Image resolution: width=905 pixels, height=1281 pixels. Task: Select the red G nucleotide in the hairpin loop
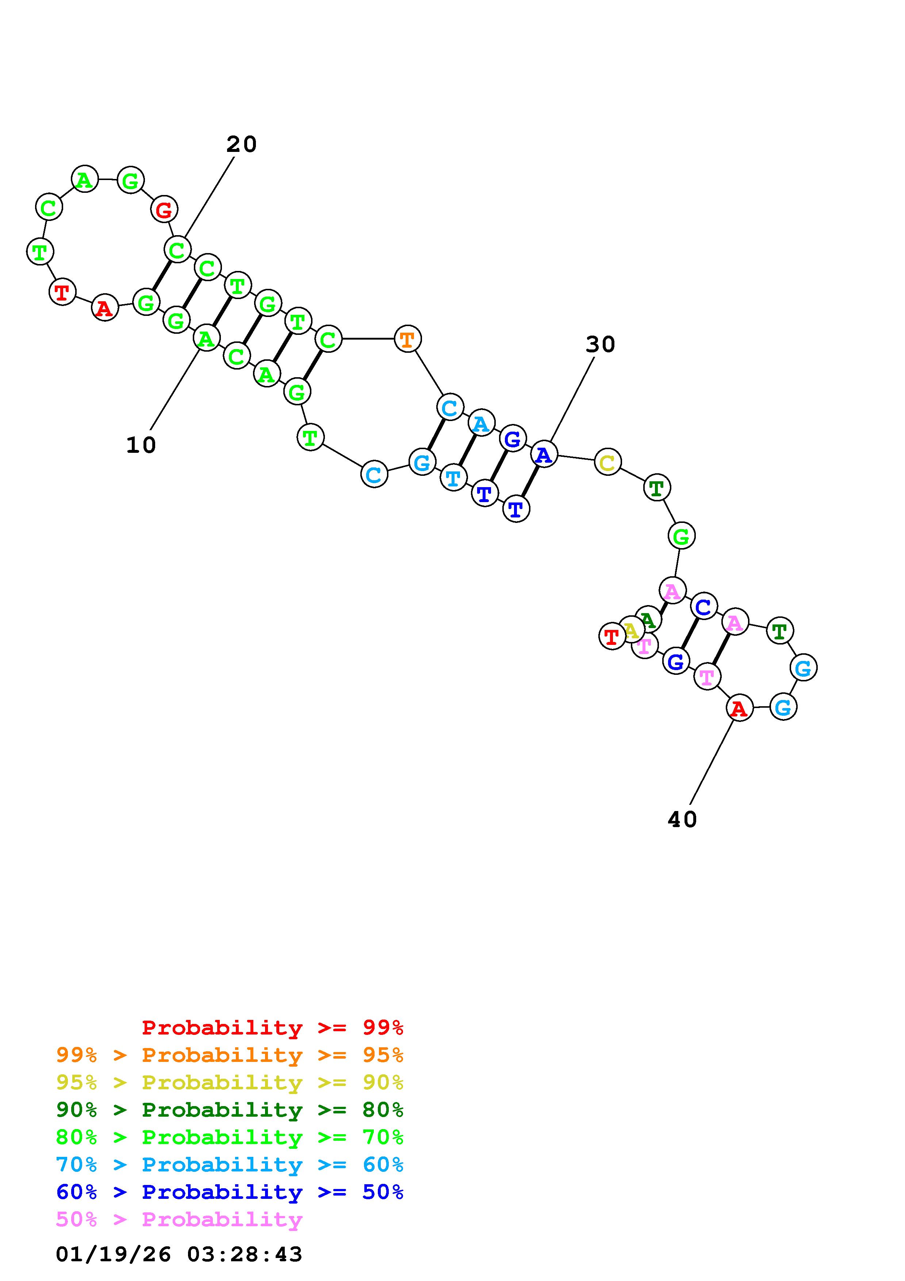164,210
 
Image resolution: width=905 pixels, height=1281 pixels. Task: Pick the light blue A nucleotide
481,424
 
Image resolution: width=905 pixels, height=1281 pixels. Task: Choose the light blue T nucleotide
453,478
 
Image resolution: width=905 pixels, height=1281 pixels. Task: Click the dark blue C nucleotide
704,606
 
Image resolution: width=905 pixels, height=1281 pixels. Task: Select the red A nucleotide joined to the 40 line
739,708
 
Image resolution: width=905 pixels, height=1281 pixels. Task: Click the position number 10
141,445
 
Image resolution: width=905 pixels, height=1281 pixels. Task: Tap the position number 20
241,145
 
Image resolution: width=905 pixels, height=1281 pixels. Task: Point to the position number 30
600,345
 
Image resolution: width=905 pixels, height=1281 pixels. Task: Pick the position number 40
682,819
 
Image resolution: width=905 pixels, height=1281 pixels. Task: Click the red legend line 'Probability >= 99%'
272,1027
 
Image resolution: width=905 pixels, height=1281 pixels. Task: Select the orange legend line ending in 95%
229,1055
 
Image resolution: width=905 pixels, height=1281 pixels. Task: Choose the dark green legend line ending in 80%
229,1110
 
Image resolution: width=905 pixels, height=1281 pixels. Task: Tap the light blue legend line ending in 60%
229,1165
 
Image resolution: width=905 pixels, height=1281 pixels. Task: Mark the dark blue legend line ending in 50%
229,1192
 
